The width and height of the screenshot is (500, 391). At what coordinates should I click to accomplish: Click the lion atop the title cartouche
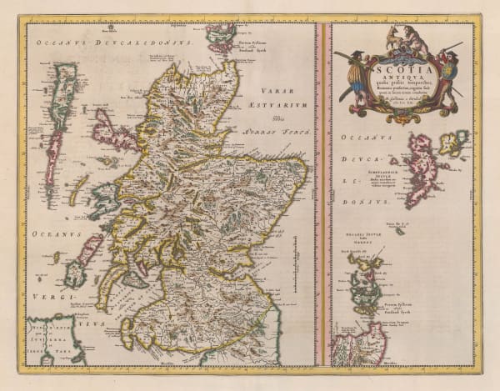[409, 37]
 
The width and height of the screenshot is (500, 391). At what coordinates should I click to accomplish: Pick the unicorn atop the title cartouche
[389, 37]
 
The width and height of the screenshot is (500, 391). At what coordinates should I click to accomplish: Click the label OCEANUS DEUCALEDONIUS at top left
[112, 38]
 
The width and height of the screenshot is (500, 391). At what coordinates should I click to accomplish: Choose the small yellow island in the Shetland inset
[451, 143]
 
